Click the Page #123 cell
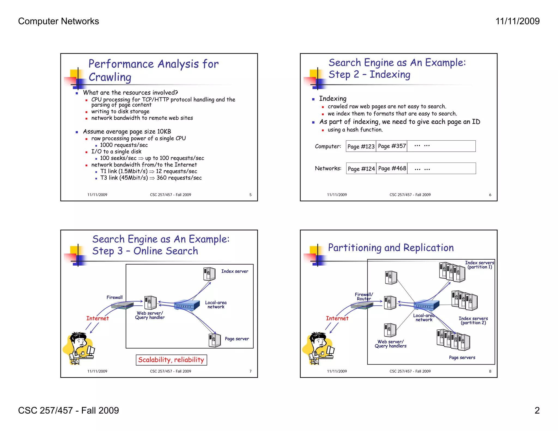361,146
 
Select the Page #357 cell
392,146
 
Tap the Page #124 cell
361,169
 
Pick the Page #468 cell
392,169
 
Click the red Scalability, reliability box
171,360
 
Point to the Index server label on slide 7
235,271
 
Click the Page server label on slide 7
237,339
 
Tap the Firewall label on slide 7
114,298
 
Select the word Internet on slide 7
98,318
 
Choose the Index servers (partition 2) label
473,321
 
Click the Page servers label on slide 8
462,358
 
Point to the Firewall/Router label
364,297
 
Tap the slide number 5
250,195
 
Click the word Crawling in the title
110,77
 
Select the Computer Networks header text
59,21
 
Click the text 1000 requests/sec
124,145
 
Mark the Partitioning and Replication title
391,248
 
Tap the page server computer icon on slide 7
215,340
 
